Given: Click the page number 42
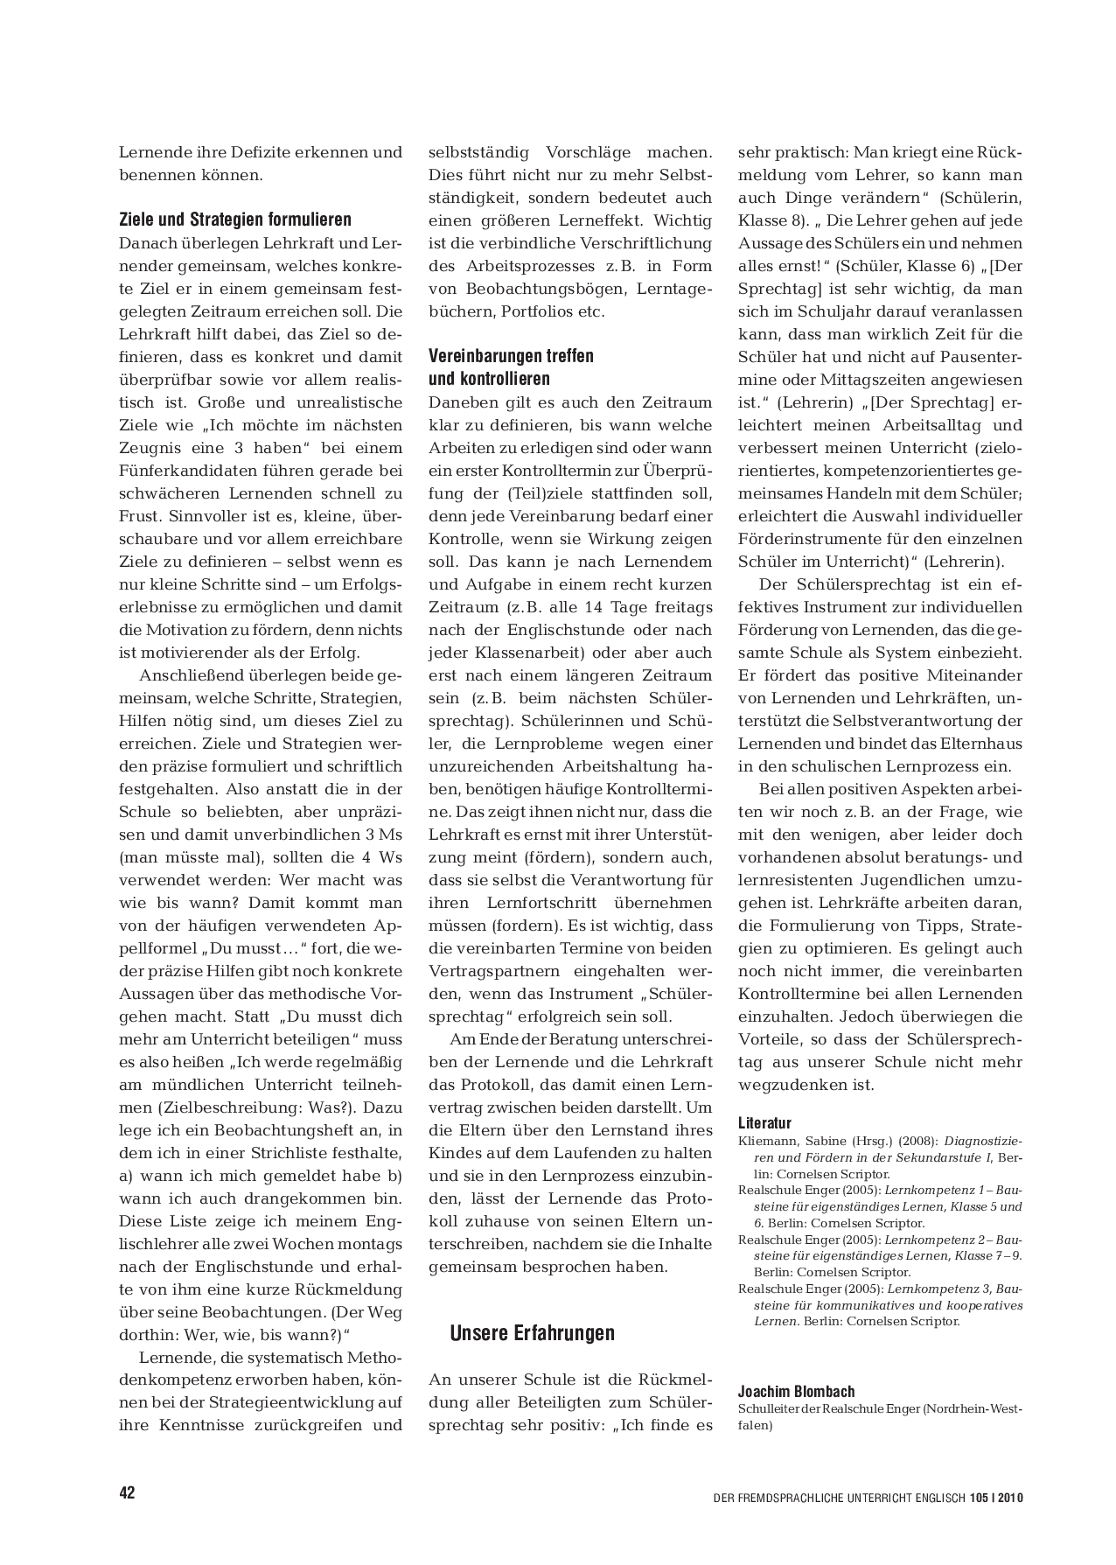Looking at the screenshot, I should (128, 1492).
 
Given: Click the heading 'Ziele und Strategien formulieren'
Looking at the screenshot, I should (235, 220).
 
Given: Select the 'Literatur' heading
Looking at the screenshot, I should (764, 1123).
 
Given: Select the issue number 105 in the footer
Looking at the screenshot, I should (978, 1497).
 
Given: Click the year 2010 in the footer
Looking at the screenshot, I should (1009, 1497).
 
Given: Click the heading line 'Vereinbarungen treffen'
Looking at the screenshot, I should (511, 356).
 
